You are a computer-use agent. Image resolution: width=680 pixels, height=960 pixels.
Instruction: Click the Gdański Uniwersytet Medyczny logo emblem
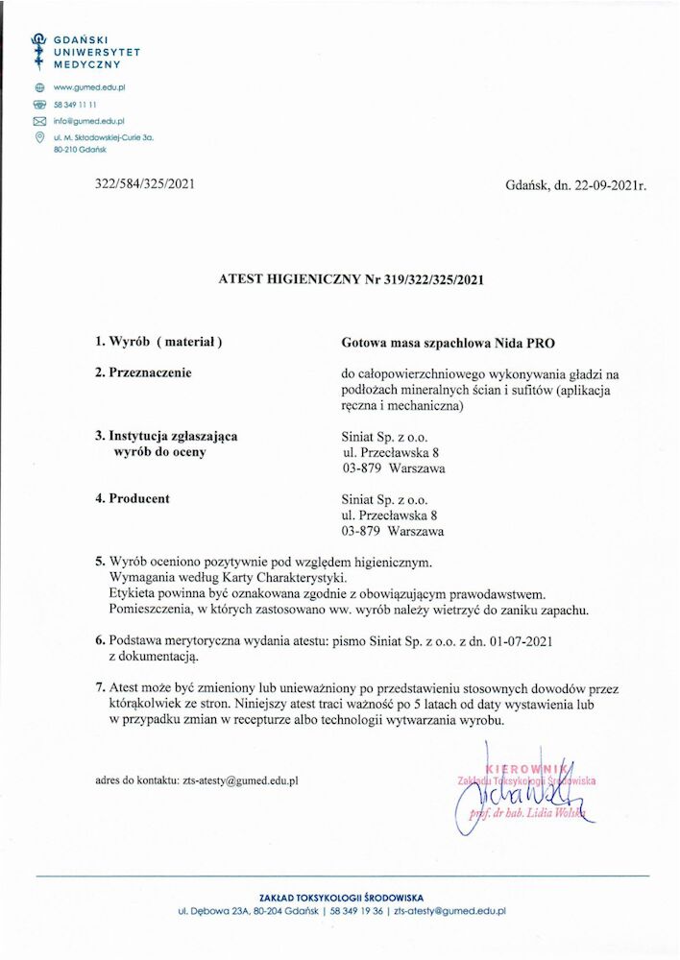[39, 47]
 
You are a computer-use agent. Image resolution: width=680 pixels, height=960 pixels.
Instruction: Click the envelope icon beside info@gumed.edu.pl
[39, 121]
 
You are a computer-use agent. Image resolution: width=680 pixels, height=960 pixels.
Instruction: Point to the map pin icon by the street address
[39, 137]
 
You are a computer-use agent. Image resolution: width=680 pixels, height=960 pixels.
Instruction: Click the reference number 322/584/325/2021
[146, 183]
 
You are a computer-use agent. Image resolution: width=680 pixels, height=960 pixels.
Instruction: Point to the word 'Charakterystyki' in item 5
[289, 577]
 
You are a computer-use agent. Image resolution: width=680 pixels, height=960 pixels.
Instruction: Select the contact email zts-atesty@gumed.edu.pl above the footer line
[240, 780]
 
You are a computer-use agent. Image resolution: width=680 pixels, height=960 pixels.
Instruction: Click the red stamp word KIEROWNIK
[520, 768]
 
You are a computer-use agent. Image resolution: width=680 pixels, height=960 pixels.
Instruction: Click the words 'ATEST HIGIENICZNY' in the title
[285, 280]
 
